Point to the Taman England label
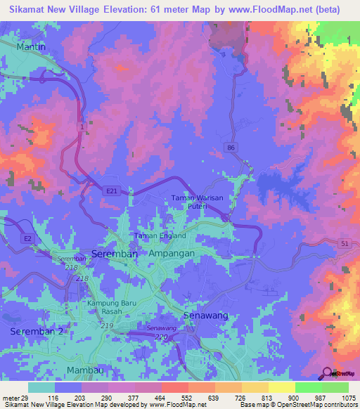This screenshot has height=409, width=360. pyautogui.click(x=160, y=236)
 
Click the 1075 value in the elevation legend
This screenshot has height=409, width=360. pyautogui.click(x=348, y=398)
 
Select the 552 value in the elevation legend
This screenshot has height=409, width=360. pyautogui.click(x=188, y=398)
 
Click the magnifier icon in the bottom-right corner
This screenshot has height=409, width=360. pyautogui.click(x=326, y=373)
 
